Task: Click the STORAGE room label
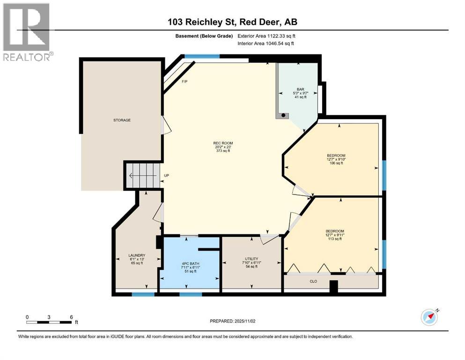point(122,120)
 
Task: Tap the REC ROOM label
point(223,143)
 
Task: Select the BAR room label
point(301,89)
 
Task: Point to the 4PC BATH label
point(191,263)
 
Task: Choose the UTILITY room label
point(251,259)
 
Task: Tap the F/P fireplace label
point(185,82)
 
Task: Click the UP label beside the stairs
point(166,176)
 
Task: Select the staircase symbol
point(142,176)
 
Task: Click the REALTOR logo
point(27,33)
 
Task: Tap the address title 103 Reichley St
point(232,22)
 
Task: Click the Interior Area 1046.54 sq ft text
point(269,44)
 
